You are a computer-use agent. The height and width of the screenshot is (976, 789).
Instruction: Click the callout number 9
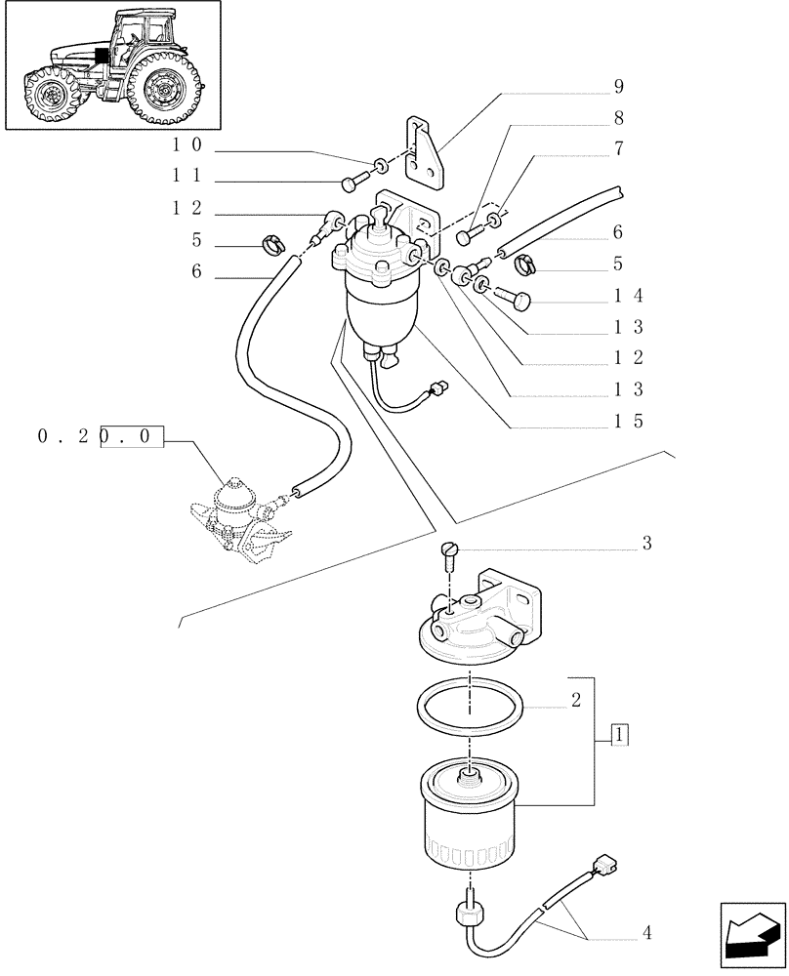(618, 87)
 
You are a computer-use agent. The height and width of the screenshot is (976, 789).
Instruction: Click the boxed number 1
(619, 735)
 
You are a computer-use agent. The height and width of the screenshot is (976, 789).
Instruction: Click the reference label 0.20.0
(98, 437)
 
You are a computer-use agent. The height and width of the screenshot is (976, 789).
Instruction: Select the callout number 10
(187, 144)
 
